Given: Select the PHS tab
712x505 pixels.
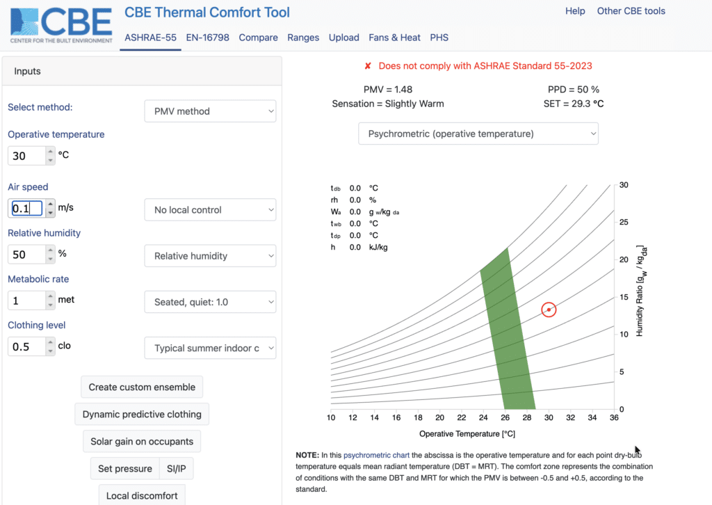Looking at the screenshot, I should (x=439, y=38).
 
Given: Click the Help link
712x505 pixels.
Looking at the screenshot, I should (x=575, y=11).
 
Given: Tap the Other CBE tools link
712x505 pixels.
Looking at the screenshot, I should (x=631, y=11).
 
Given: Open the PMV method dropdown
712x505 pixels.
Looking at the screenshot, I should (x=210, y=111).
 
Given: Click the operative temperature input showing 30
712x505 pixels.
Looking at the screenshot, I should (x=26, y=156).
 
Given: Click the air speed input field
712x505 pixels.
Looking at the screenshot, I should (x=26, y=209).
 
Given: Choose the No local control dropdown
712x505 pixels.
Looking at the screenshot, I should (x=210, y=210).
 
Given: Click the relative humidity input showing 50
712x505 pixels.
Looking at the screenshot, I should (x=26, y=255).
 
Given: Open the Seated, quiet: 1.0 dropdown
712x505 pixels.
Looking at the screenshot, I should (x=210, y=302).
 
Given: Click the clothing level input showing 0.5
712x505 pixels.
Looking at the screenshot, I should (x=26, y=346).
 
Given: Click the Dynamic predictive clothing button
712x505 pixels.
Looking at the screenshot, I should (x=142, y=415).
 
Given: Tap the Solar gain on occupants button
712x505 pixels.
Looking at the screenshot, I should (x=142, y=442).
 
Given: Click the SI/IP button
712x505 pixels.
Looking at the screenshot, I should (x=177, y=469).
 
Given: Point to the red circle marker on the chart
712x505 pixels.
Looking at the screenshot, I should (x=549, y=310).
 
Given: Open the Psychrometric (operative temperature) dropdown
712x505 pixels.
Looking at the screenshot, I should (x=478, y=134).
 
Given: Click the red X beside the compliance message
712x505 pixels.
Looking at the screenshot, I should (x=368, y=66).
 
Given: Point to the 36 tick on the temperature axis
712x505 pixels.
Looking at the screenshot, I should (x=613, y=417).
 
